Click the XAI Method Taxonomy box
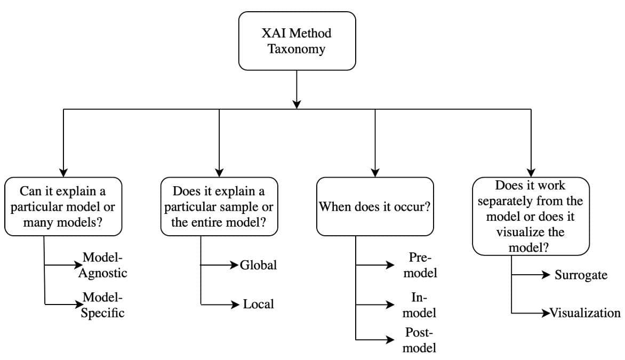point(297,41)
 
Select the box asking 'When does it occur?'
point(375,206)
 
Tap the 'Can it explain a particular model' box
point(63,206)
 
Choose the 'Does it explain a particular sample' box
point(219,206)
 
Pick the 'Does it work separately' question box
point(531,217)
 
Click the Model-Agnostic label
point(102,265)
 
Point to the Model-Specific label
point(102,305)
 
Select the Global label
point(258,265)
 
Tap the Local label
point(258,304)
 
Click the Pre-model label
point(420,265)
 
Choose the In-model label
point(419,305)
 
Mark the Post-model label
point(419,340)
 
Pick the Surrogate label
point(581,275)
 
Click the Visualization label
point(585,313)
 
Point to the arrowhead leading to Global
point(235,265)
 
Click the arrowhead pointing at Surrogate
point(546,274)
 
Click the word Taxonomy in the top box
point(296,49)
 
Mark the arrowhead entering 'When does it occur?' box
point(375,173)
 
